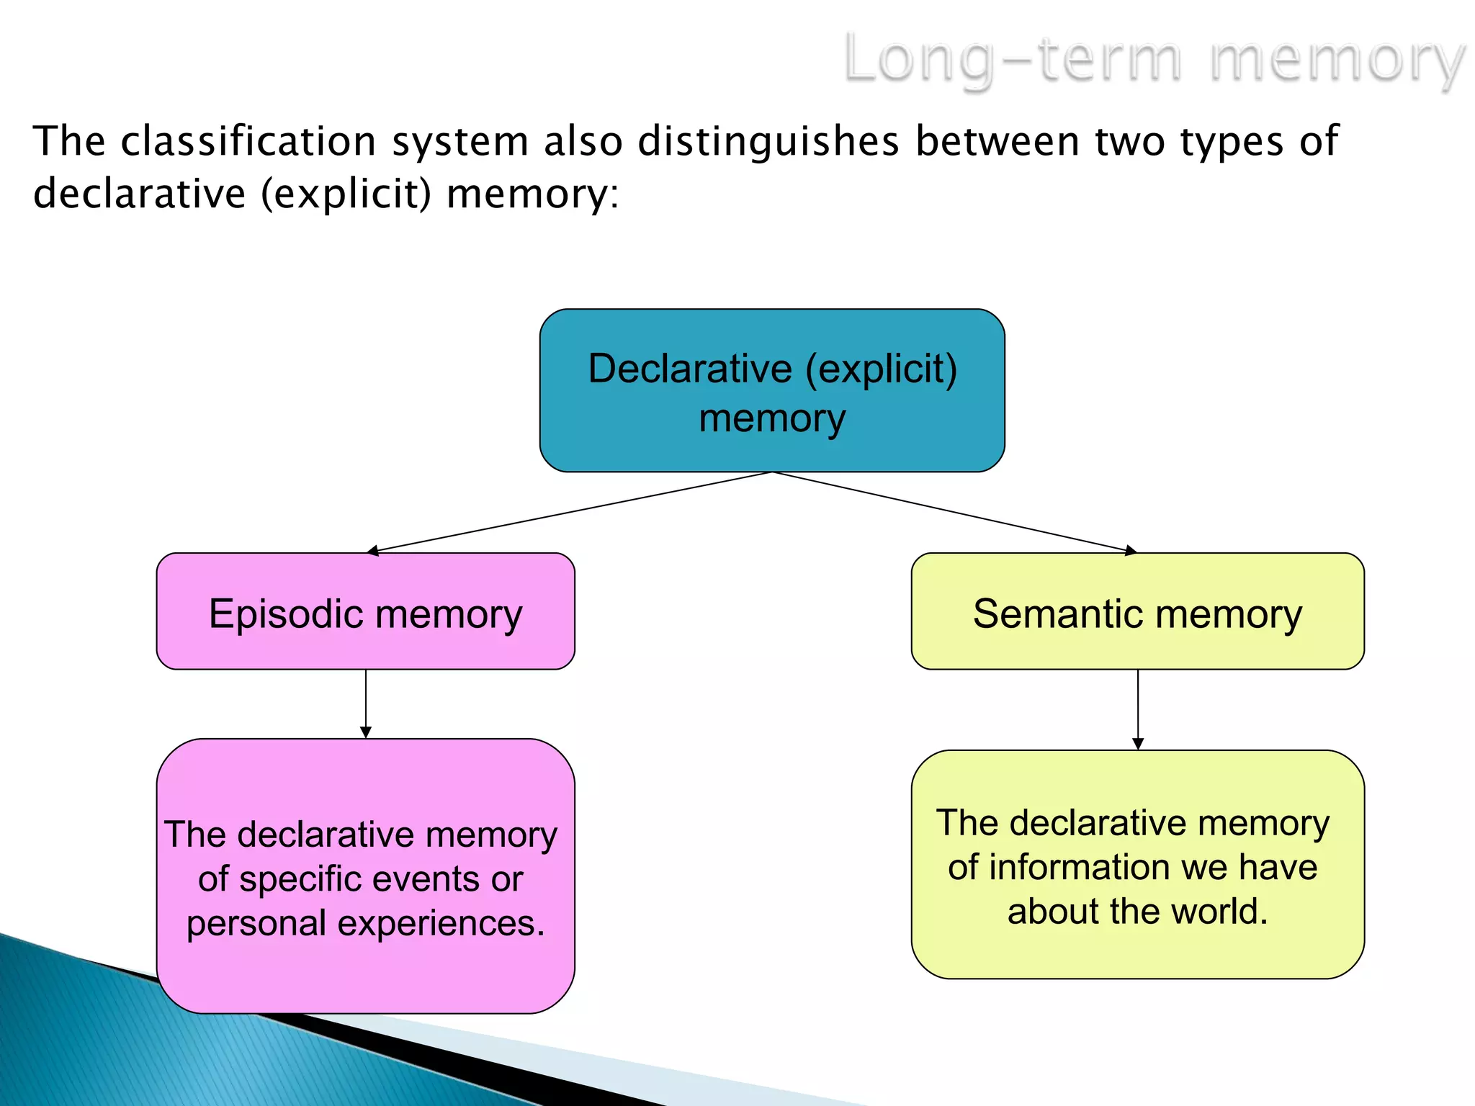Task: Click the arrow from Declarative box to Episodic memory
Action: point(569,512)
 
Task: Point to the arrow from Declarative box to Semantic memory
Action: point(954,512)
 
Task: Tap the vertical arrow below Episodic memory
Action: point(366,703)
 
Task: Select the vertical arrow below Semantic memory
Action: point(1138,709)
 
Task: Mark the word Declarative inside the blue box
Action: point(690,369)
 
